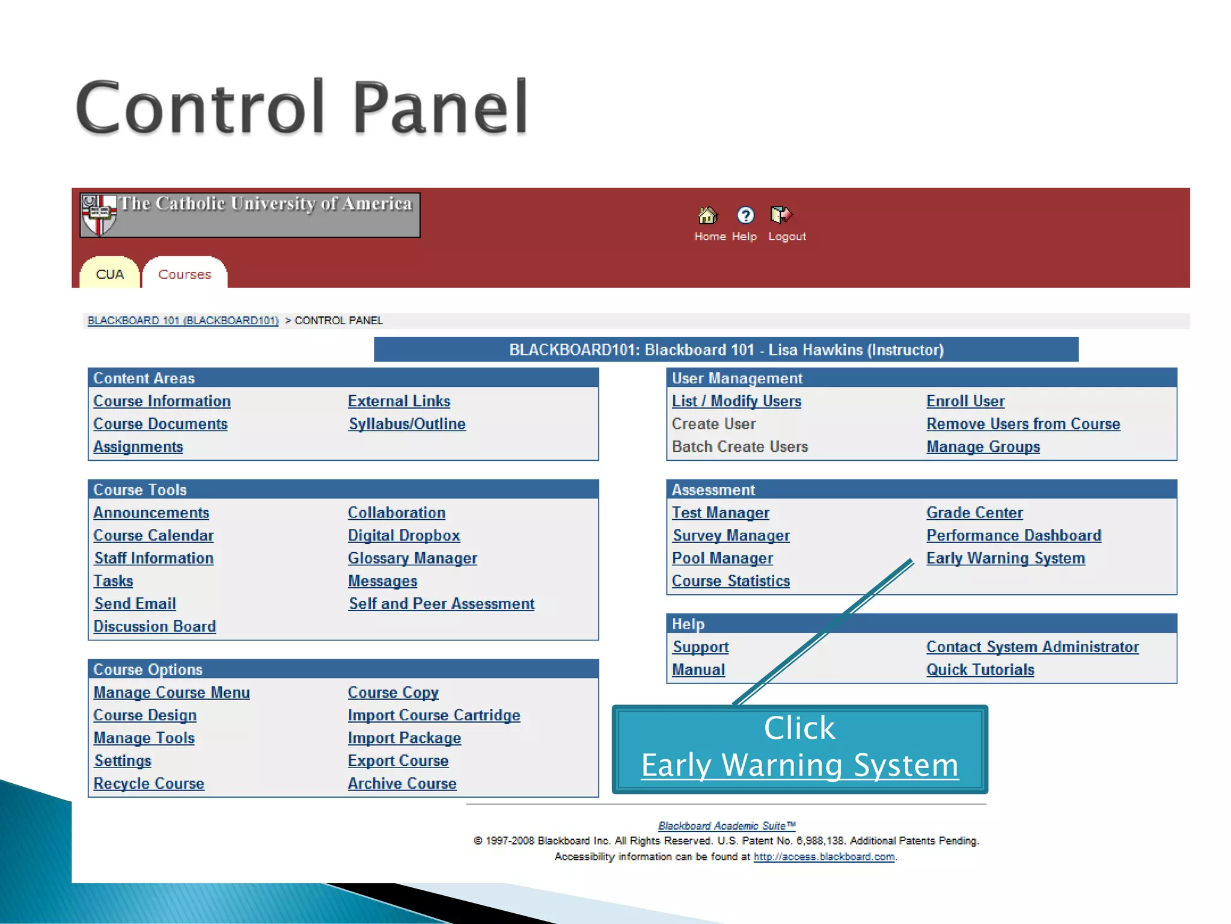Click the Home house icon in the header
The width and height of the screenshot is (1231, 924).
(x=707, y=215)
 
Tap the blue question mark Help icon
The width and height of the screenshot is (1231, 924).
(x=745, y=215)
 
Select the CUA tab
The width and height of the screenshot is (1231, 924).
(x=109, y=274)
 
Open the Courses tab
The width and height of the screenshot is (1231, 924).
(x=185, y=274)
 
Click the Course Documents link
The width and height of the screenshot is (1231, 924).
(x=160, y=424)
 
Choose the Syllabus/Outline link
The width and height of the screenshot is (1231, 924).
(x=407, y=424)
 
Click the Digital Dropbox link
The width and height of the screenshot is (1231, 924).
(x=404, y=535)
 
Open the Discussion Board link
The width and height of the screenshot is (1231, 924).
(x=154, y=626)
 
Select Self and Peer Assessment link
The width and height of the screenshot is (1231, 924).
(x=441, y=604)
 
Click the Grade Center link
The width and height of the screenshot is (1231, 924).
(x=974, y=513)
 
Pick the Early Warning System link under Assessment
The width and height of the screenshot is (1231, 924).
(x=1006, y=558)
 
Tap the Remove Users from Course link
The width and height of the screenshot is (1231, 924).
(x=1023, y=424)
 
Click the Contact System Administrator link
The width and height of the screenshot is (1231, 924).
(x=1032, y=647)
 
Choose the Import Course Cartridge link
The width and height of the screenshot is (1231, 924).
(x=434, y=715)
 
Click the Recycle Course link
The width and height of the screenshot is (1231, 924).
(x=148, y=784)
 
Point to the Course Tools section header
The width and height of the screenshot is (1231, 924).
(x=140, y=490)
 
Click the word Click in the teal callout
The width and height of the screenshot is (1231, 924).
(x=799, y=728)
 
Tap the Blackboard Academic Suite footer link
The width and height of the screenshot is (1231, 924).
(x=726, y=826)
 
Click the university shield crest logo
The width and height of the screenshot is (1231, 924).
(x=98, y=214)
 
